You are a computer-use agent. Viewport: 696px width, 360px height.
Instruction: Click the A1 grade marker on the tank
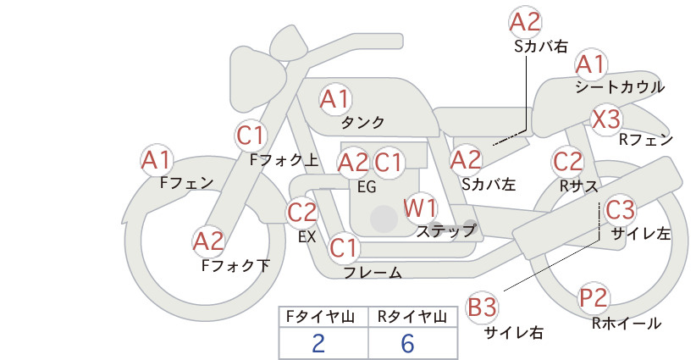click(x=335, y=99)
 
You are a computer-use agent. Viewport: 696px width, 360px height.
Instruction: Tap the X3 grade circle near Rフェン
click(x=606, y=119)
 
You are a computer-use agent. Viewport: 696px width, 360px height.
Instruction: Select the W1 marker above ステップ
click(x=420, y=208)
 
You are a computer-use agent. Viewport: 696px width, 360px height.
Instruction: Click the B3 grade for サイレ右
click(x=482, y=307)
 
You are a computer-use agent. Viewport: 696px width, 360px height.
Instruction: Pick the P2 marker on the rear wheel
click(x=594, y=298)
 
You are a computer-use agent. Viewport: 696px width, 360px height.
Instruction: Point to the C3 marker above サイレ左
click(x=620, y=210)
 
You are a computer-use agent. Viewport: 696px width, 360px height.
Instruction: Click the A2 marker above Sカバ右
click(x=525, y=22)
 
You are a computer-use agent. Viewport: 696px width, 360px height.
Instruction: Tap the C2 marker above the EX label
click(x=301, y=213)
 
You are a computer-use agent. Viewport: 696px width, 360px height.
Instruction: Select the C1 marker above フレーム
click(x=344, y=248)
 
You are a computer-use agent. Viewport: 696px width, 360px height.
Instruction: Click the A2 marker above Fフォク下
click(x=208, y=242)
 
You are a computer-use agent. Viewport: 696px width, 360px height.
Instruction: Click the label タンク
click(x=362, y=123)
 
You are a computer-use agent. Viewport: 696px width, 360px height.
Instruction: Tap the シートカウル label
click(x=620, y=87)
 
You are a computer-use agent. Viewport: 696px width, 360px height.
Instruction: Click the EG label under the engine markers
click(x=367, y=187)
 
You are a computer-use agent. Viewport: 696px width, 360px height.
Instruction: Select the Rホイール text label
click(x=627, y=324)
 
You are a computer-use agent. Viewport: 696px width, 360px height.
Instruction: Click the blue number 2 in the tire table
click(x=318, y=343)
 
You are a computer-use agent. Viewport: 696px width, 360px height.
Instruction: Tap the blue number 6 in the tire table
click(x=407, y=343)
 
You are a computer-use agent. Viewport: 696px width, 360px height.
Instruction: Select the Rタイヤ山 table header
click(x=412, y=317)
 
